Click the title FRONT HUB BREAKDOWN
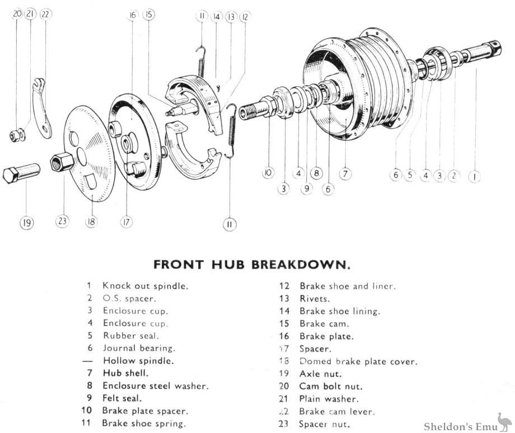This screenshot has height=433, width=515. click(x=252, y=263)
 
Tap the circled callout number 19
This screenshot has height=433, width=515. click(x=26, y=223)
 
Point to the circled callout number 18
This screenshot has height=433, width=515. click(x=91, y=222)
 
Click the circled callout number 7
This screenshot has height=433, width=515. click(x=345, y=174)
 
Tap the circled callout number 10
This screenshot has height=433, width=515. click(x=268, y=174)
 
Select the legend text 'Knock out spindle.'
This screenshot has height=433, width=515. click(x=145, y=285)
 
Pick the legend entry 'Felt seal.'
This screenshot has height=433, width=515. click(x=122, y=398)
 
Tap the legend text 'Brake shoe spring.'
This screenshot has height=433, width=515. click(x=144, y=423)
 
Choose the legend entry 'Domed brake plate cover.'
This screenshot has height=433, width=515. click(x=358, y=361)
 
